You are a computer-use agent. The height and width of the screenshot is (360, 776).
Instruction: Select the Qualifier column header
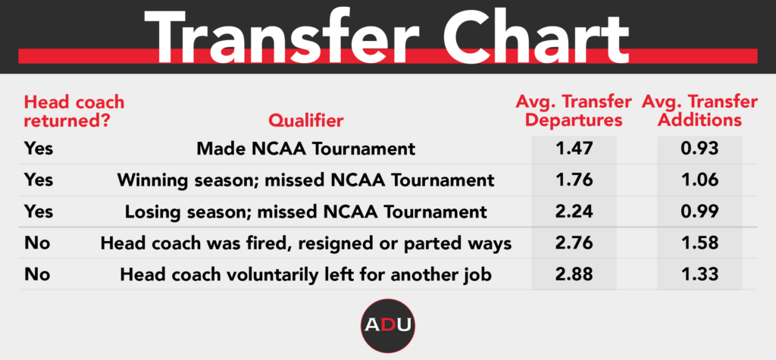(306, 121)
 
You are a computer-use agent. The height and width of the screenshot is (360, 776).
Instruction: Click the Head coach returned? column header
(74, 111)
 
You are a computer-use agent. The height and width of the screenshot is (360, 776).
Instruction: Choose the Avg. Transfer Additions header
(699, 111)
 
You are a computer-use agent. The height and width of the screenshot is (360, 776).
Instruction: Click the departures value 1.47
(574, 149)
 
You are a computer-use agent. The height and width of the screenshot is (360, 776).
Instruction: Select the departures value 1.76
(574, 180)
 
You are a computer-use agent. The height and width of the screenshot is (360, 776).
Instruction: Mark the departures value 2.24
(574, 211)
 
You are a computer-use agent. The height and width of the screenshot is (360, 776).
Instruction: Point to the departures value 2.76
(574, 243)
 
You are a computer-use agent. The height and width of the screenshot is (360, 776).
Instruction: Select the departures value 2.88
(574, 274)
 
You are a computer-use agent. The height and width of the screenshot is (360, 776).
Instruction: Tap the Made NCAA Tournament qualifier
(306, 149)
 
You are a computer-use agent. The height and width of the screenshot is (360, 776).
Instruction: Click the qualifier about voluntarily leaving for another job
(306, 274)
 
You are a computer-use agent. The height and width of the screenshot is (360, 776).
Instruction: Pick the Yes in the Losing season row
(39, 211)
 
